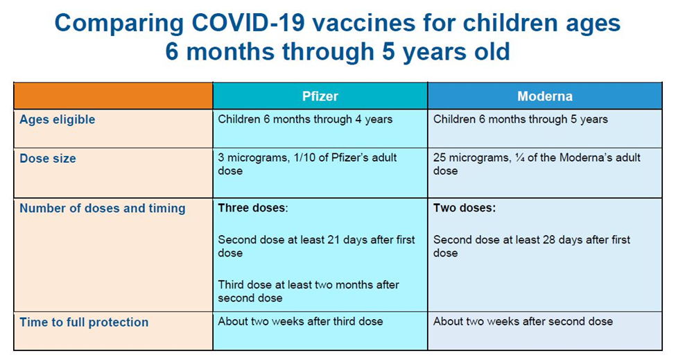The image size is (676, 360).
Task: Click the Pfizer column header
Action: click(320, 96)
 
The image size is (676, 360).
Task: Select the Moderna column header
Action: click(544, 96)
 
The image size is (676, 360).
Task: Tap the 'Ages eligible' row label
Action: click(58, 119)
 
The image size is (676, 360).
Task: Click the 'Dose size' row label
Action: click(48, 158)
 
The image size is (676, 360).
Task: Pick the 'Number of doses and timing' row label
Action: click(103, 208)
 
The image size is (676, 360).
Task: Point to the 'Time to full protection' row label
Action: click(84, 322)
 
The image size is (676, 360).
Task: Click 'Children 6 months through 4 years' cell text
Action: click(305, 119)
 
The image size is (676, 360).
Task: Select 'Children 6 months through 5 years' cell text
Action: click(520, 119)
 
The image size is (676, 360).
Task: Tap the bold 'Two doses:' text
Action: click(465, 207)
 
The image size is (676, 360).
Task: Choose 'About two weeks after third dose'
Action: click(300, 321)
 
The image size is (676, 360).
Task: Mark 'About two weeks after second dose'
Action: click(523, 321)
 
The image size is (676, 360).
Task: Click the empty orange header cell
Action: click(113, 96)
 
